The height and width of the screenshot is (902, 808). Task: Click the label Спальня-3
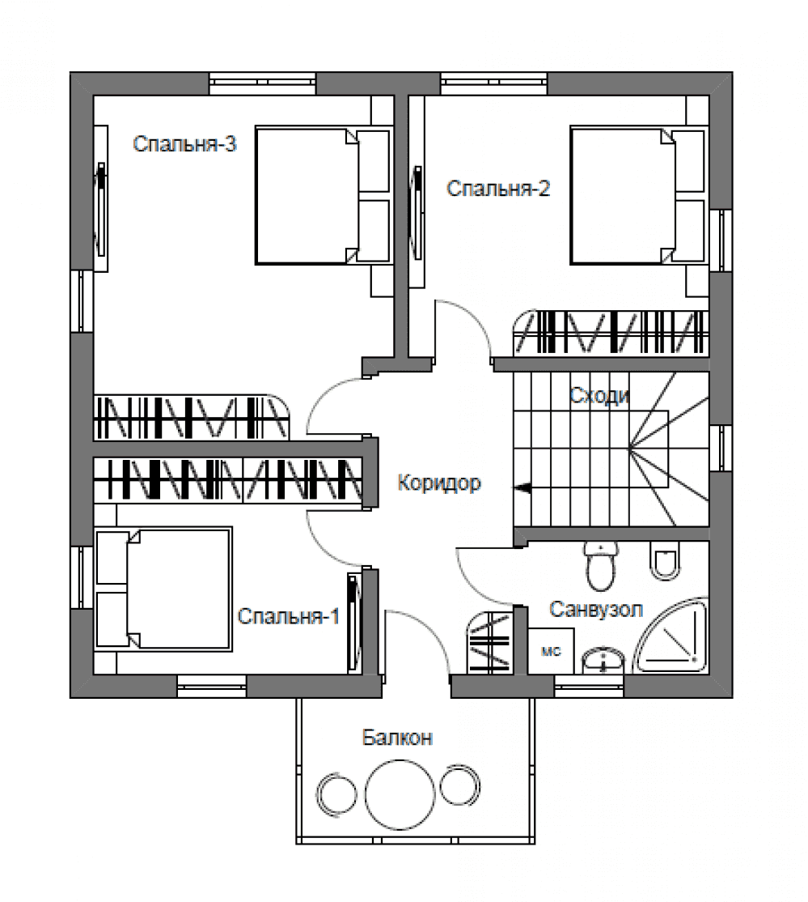pyautogui.click(x=184, y=144)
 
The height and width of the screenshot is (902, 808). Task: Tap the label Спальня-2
pyautogui.click(x=498, y=189)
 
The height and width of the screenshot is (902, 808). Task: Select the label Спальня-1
pyautogui.click(x=289, y=617)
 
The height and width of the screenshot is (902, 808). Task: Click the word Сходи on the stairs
pyautogui.click(x=599, y=396)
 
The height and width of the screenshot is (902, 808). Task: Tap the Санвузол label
pyautogui.click(x=596, y=609)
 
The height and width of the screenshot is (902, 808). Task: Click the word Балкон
pyautogui.click(x=397, y=738)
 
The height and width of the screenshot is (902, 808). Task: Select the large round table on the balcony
pyautogui.click(x=400, y=794)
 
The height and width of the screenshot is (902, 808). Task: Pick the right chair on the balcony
pyautogui.click(x=459, y=785)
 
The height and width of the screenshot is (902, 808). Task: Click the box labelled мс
pyautogui.click(x=551, y=651)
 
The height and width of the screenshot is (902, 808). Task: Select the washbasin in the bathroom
pyautogui.click(x=603, y=661)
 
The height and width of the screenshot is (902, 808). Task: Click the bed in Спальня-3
pyautogui.click(x=323, y=196)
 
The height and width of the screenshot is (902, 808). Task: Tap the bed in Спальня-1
pyautogui.click(x=163, y=589)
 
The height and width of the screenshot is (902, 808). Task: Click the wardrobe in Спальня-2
pyautogui.click(x=611, y=333)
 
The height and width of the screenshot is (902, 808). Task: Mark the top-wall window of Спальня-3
pyautogui.click(x=262, y=83)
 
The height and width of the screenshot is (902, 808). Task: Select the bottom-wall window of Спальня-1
pyautogui.click(x=211, y=687)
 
